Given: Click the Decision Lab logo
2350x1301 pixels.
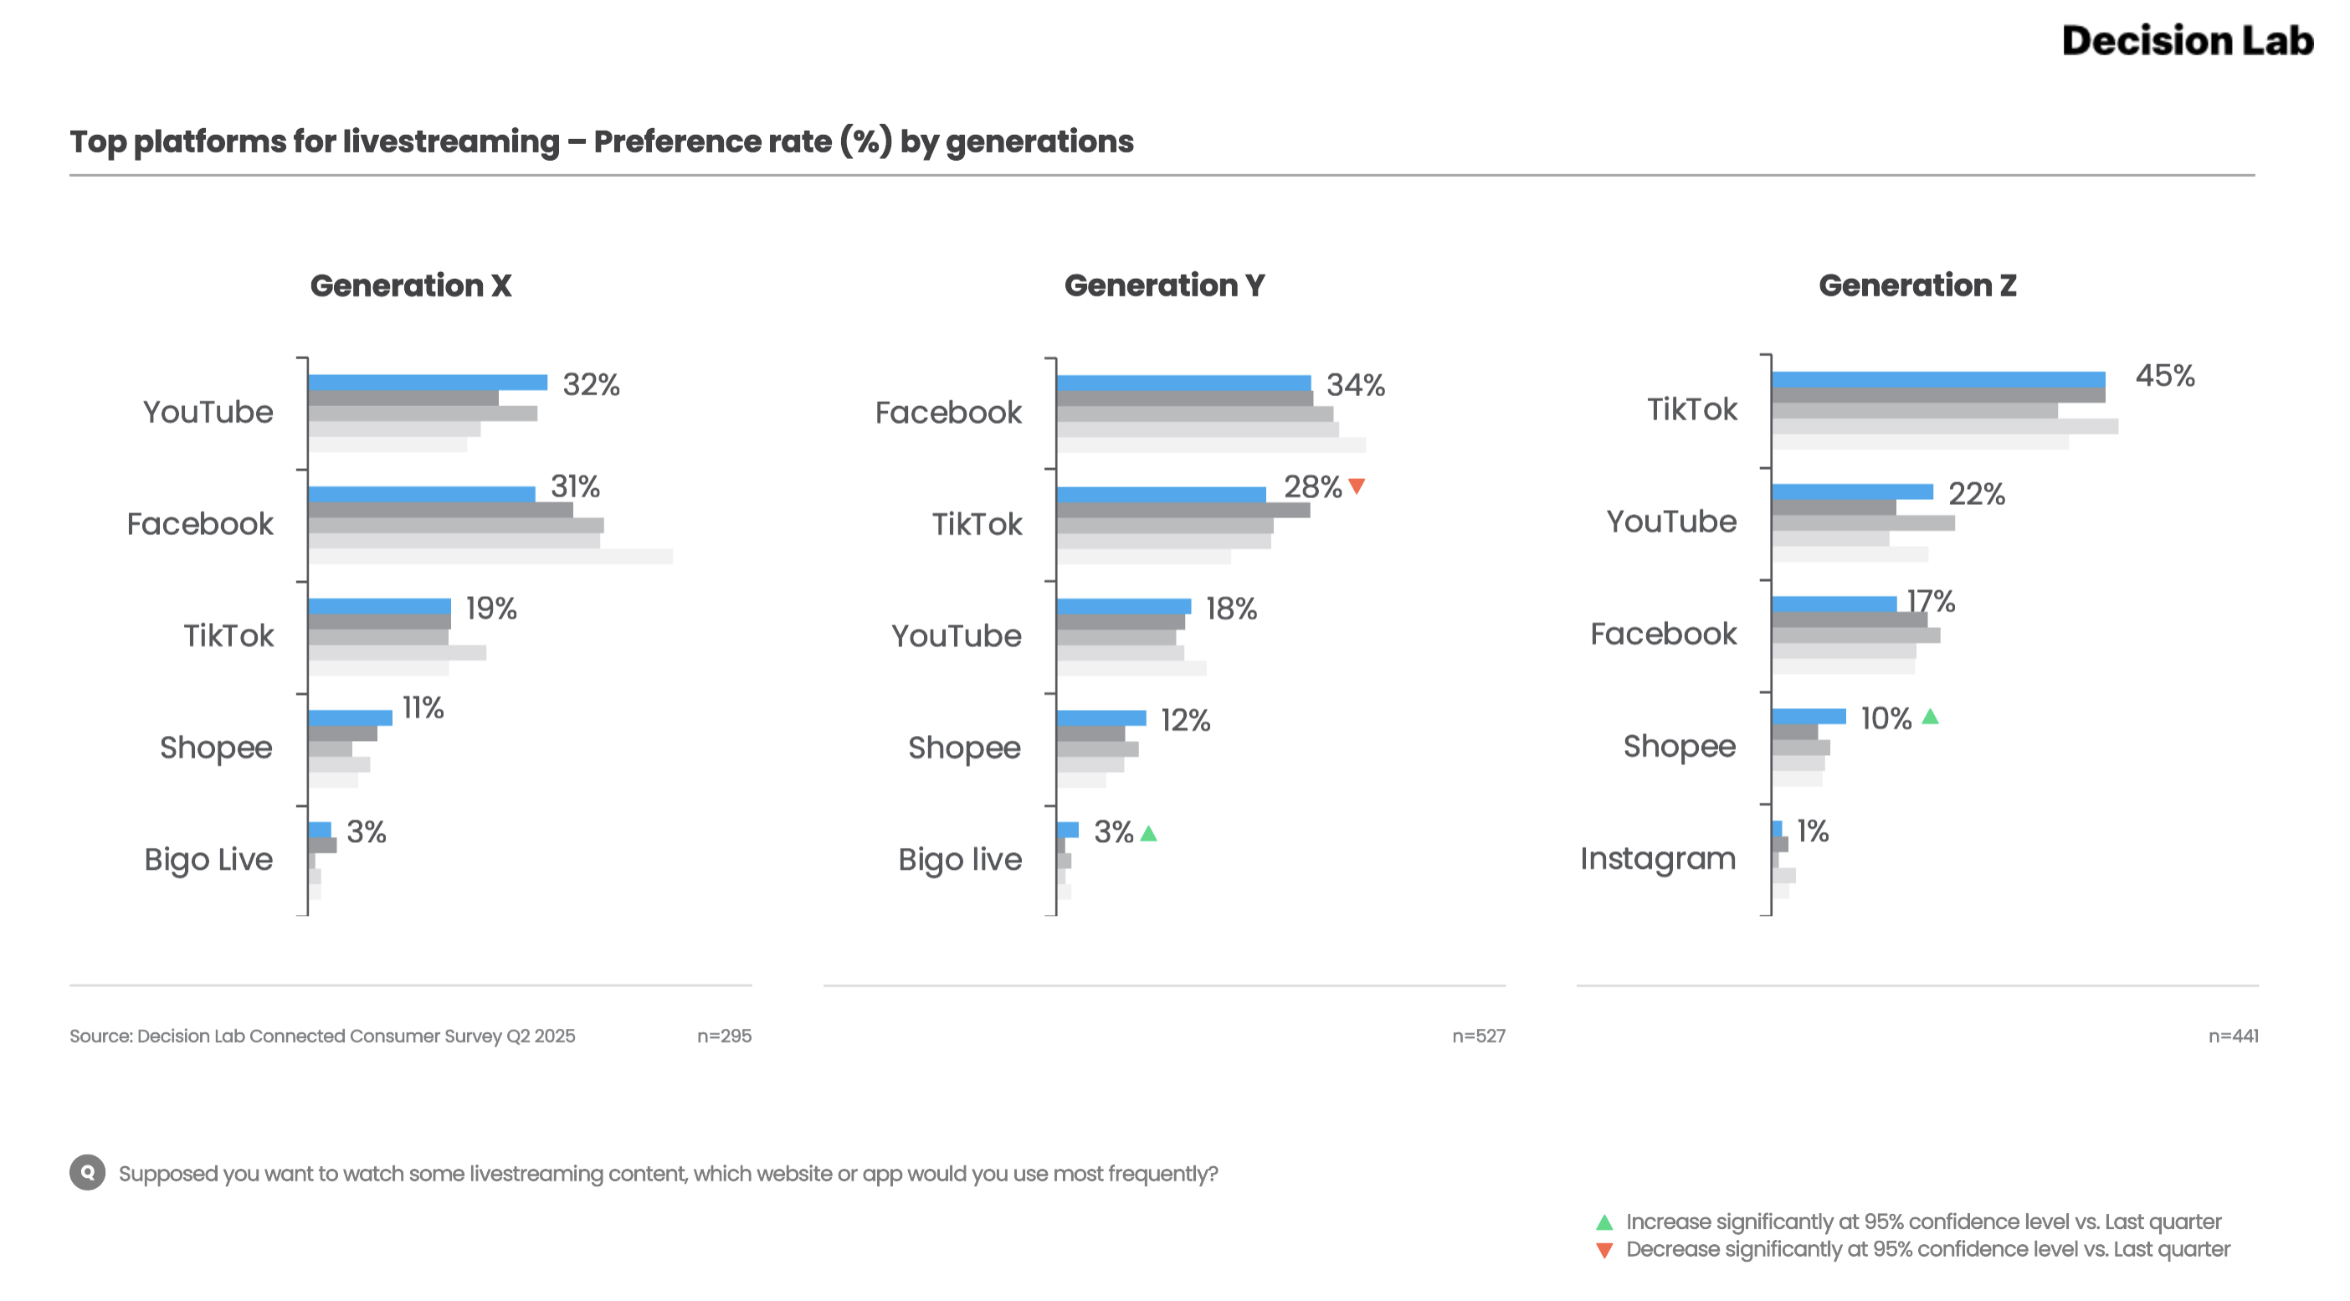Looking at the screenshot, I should [x=2187, y=41].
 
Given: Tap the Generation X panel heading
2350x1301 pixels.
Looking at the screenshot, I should [x=411, y=285].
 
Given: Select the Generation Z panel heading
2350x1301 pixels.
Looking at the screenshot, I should [x=1916, y=285].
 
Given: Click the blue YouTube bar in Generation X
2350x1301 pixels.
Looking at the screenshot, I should [x=427, y=383].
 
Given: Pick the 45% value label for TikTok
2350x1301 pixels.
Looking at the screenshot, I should [x=2164, y=376].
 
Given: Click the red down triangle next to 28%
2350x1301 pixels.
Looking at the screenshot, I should [x=1357, y=486].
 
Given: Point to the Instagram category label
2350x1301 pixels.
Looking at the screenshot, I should [x=1658, y=858].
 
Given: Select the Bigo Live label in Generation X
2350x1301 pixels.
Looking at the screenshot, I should [x=208, y=860].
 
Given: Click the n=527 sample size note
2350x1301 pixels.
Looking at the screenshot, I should [x=1478, y=1036].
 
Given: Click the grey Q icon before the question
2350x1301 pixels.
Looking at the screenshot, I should [x=88, y=1172].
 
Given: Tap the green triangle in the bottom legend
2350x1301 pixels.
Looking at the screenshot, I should [x=1603, y=1222].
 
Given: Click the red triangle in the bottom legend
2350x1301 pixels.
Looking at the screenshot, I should [x=1603, y=1250].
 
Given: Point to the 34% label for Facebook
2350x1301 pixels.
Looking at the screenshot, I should [x=1355, y=385].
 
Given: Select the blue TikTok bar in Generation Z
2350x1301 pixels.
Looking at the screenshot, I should [x=1937, y=379].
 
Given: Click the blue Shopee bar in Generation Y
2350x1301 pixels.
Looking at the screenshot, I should [x=1101, y=718].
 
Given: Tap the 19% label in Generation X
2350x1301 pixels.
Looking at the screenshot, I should [x=490, y=609].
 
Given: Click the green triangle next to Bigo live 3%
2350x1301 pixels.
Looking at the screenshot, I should [x=1148, y=833].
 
